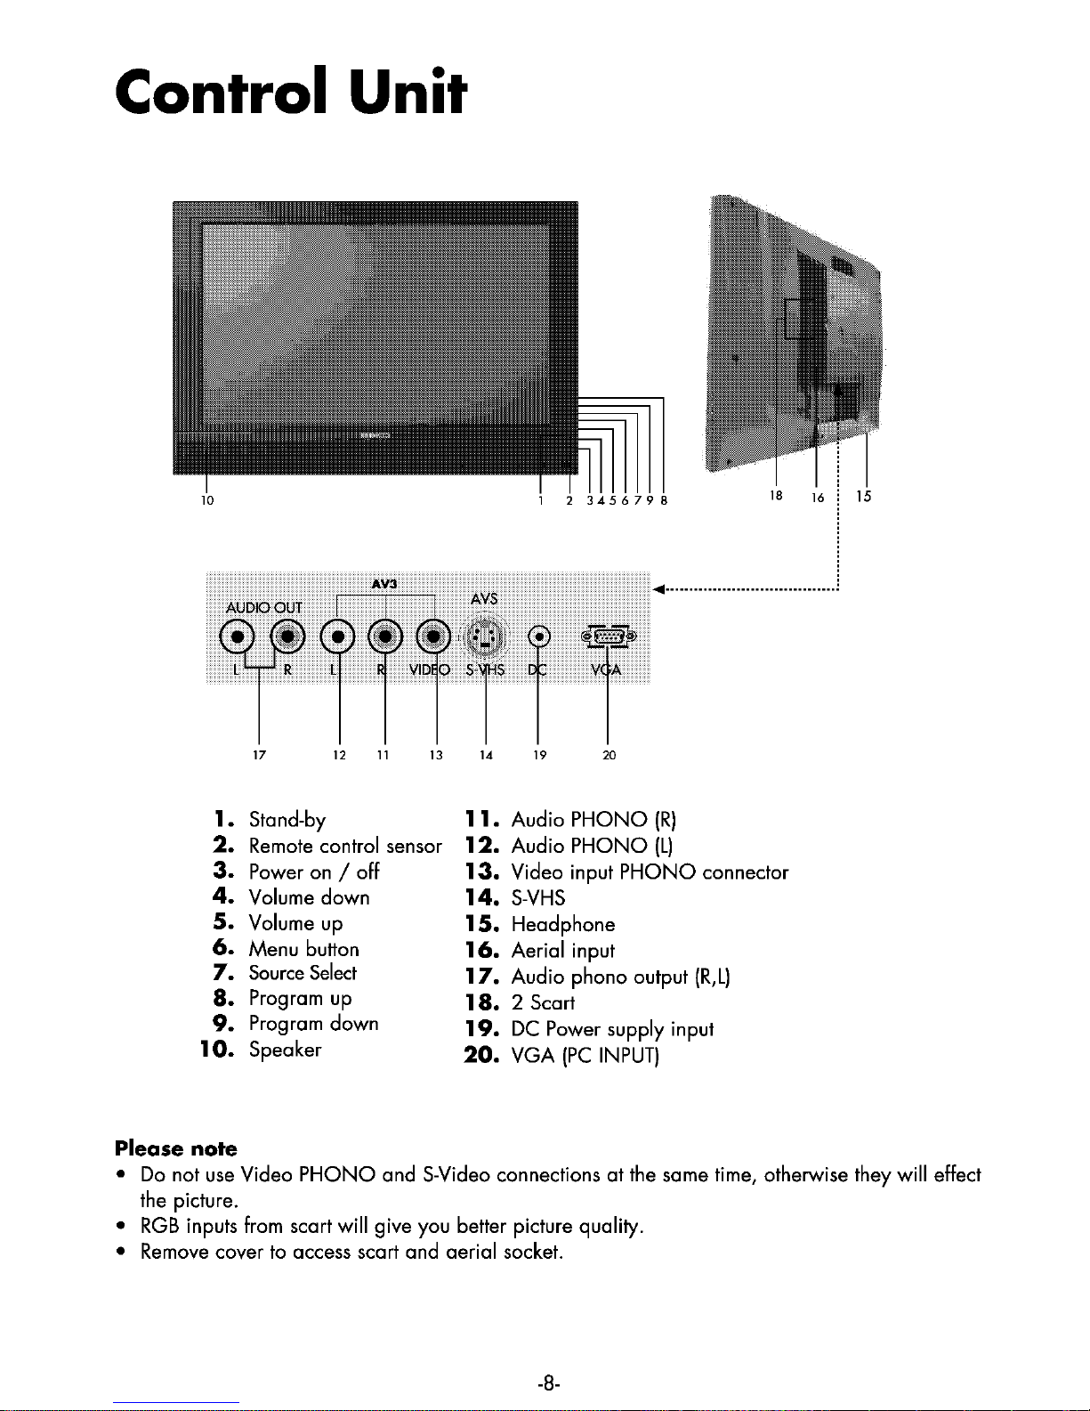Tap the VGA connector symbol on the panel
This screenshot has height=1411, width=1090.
point(609,637)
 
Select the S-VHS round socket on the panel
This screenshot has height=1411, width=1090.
point(483,637)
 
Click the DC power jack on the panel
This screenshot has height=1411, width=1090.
point(539,637)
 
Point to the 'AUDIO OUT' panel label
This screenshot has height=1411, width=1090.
point(264,608)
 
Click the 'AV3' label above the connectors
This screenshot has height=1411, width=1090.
point(384,584)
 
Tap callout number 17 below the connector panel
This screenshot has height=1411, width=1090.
point(259,755)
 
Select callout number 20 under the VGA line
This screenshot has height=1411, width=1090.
point(609,755)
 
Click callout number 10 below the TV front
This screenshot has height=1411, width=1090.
point(207,500)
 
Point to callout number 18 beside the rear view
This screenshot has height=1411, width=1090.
point(775,496)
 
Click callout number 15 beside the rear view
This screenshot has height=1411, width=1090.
point(863,496)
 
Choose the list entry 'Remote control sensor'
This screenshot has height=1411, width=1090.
point(345,846)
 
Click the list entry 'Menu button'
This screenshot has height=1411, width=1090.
point(303,949)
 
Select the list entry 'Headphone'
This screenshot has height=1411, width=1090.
point(563,924)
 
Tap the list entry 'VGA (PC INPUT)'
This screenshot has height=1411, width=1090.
point(585,1056)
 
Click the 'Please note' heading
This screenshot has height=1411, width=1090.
point(176,1148)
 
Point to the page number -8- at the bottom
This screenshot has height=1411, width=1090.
point(548,1383)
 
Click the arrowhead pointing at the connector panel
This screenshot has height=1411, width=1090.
point(659,589)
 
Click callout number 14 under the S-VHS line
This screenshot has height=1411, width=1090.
point(486,755)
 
